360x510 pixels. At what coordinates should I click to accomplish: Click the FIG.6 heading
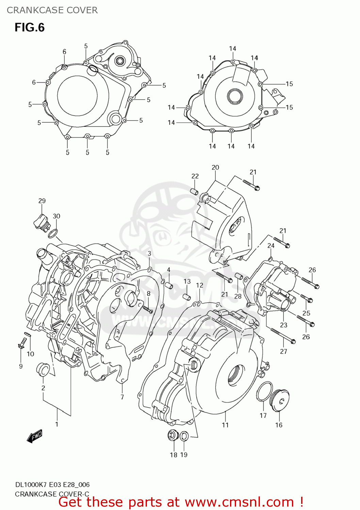click(30, 28)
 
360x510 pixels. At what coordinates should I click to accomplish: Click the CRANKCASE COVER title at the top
click(52, 10)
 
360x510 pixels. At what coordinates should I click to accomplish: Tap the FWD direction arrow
click(35, 436)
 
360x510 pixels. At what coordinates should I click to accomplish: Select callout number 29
click(42, 201)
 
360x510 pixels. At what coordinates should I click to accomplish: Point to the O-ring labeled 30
click(53, 234)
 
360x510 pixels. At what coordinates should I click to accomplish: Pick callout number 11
click(225, 425)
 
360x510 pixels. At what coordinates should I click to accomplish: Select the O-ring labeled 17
click(264, 391)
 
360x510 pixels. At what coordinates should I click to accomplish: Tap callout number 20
click(215, 167)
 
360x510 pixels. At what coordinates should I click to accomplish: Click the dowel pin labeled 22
click(195, 191)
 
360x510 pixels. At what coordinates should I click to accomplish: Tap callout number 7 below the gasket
click(122, 397)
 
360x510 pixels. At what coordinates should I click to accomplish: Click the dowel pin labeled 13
click(186, 296)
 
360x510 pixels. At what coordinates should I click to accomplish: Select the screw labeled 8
click(147, 309)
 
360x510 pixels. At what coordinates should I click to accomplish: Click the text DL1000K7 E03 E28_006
click(52, 485)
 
